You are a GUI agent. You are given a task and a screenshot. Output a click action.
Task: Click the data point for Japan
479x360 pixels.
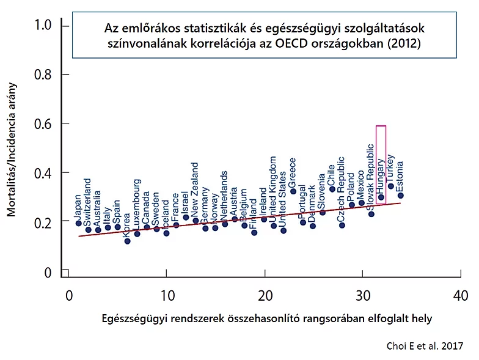tap(78, 223)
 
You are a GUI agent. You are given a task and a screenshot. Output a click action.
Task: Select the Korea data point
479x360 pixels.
tap(127, 241)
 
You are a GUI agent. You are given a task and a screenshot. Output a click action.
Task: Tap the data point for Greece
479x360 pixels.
tap(293, 191)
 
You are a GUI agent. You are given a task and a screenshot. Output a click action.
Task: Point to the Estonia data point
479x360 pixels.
tap(401, 196)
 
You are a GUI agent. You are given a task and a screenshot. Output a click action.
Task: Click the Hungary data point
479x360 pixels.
tap(381, 197)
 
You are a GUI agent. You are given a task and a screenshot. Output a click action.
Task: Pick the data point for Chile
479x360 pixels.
tap(332, 189)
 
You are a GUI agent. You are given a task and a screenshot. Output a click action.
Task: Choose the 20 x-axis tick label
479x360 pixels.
tap(265, 296)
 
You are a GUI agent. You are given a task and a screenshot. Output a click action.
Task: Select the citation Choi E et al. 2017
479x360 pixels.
tap(425, 346)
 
